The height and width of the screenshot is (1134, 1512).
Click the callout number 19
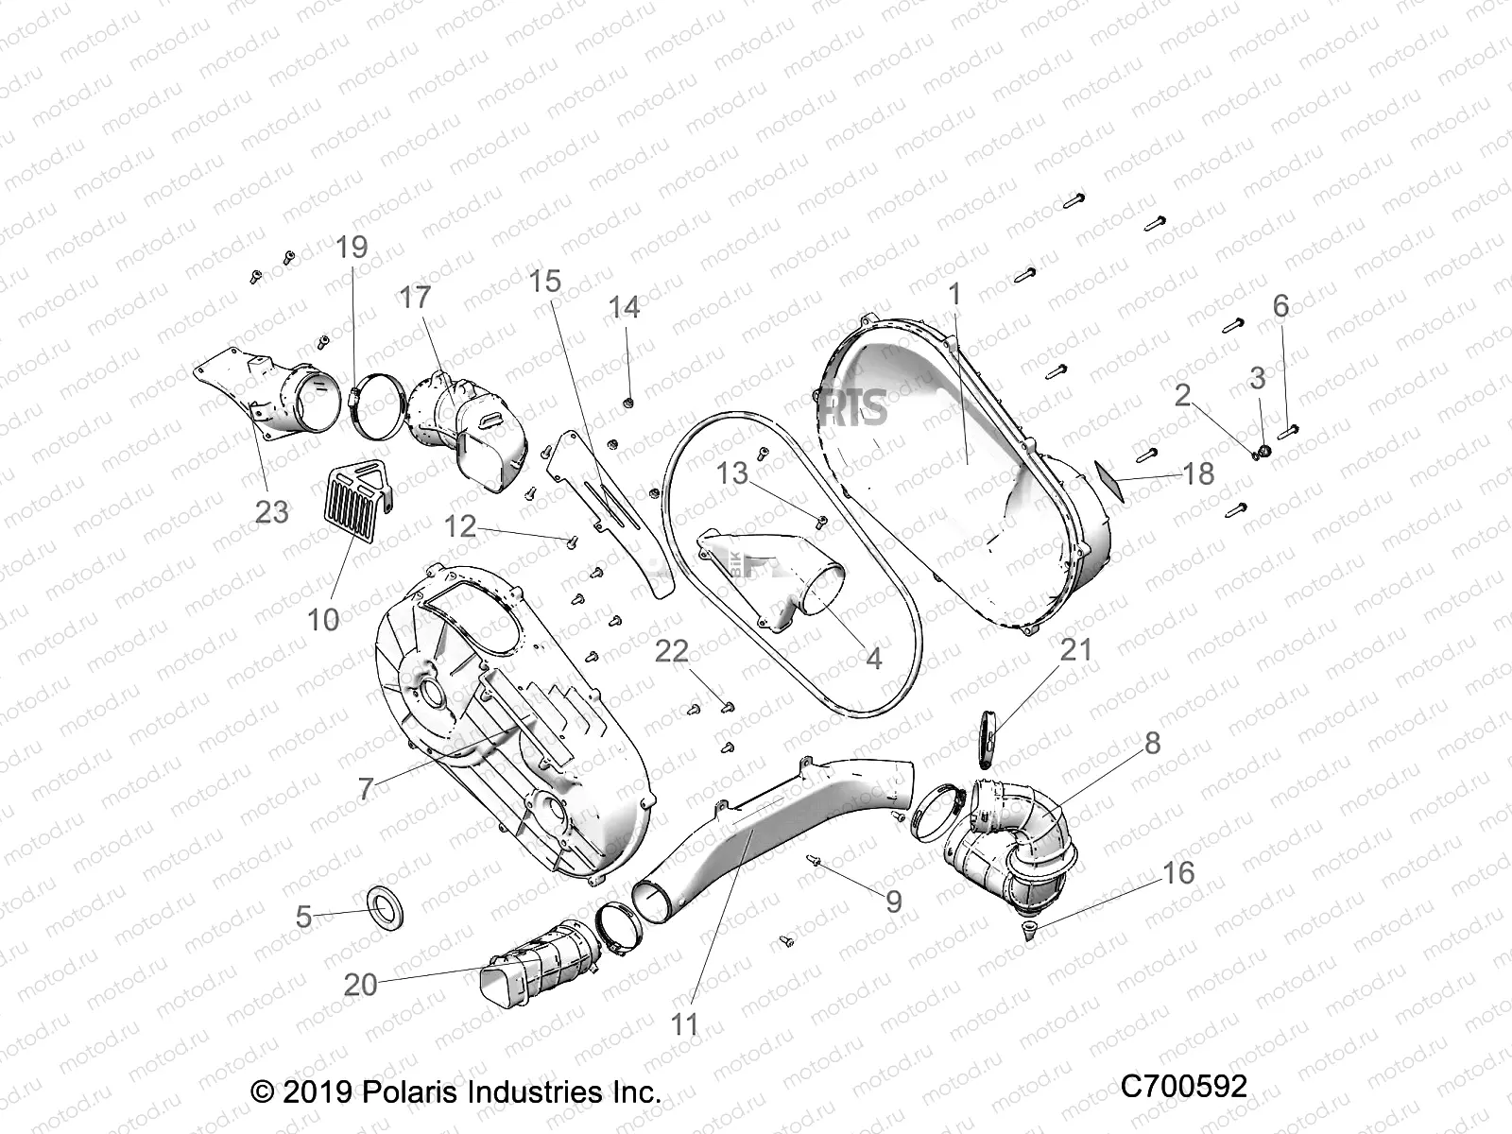[x=352, y=248]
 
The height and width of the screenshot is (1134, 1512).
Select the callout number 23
[x=272, y=511]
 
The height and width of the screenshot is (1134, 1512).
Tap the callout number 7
[x=366, y=789]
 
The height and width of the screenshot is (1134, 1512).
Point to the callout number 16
[x=1178, y=871]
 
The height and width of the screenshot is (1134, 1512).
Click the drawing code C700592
[x=1183, y=1087]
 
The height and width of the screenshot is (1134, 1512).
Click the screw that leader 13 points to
[x=821, y=519]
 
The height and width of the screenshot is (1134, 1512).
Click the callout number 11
[x=683, y=1023]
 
